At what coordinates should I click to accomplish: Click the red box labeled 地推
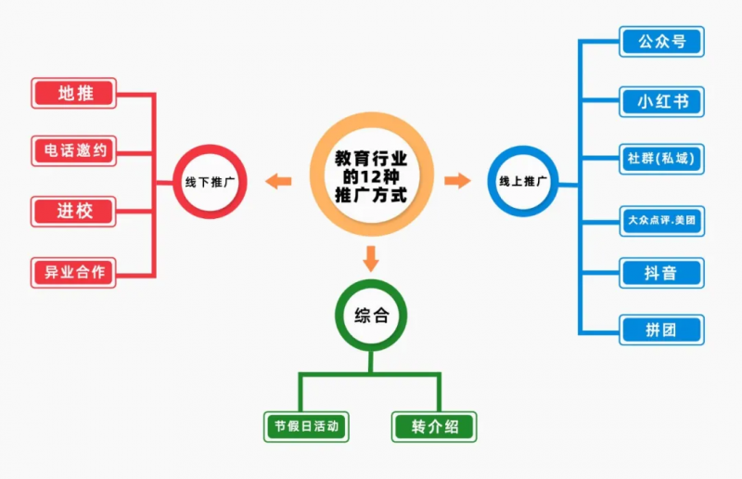coord(74,93)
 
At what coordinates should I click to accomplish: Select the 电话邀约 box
coord(74,151)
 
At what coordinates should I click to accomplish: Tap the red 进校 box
coord(74,211)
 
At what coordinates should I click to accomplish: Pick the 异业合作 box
coord(74,272)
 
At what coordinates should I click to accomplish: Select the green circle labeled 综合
coord(371,316)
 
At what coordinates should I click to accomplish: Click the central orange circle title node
coord(371,177)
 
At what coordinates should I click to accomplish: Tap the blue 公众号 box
coord(661,42)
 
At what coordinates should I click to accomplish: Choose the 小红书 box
coord(661,101)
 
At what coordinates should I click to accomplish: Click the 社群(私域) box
coord(661,158)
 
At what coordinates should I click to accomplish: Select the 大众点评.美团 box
coord(661,220)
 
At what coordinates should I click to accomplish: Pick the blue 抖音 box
coord(661,273)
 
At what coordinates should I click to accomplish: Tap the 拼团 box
coord(661,330)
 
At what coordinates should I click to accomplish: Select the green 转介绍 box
coord(434,427)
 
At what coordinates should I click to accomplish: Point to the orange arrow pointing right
coord(457,180)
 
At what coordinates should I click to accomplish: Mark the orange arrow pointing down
coord(371,257)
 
